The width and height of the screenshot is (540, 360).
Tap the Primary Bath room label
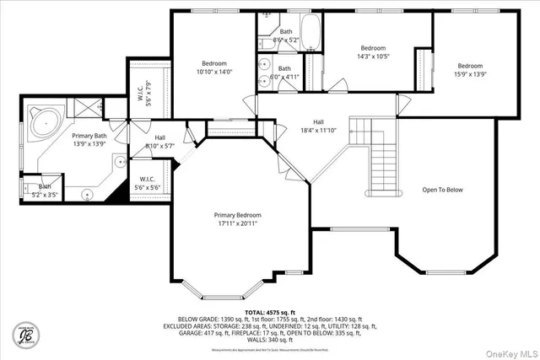tap(89, 136)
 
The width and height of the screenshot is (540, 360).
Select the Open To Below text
tap(443, 190)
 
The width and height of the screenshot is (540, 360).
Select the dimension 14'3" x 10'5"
tap(373, 58)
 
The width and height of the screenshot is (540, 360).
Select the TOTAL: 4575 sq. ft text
tap(267, 311)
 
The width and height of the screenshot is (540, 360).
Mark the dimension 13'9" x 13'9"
tap(89, 144)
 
